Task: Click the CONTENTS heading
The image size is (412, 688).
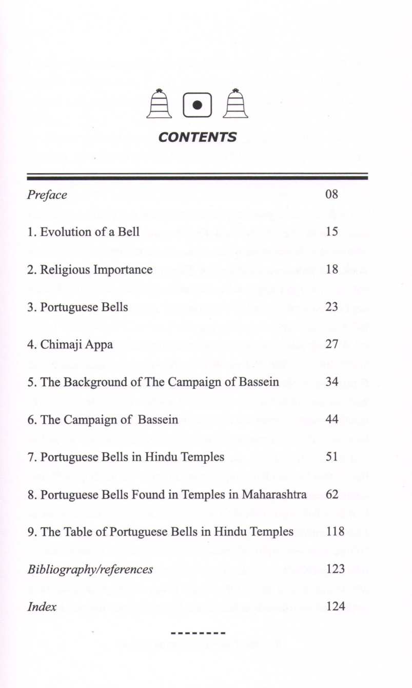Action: [x=198, y=137]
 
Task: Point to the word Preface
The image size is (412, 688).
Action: [x=47, y=195]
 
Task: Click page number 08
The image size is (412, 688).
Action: [x=331, y=195]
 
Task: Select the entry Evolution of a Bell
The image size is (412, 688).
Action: [x=83, y=232]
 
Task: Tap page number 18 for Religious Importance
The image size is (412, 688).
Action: [x=331, y=269]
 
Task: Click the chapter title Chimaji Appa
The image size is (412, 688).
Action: [x=70, y=345]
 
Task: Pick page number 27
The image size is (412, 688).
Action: [x=331, y=344]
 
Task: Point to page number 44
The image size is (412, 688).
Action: [x=331, y=420]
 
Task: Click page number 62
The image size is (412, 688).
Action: [x=331, y=494]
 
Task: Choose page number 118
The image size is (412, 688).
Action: [x=335, y=532]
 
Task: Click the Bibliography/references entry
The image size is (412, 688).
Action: [x=90, y=570]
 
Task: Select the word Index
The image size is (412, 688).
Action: [x=42, y=607]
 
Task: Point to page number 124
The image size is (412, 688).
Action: [x=335, y=607]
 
